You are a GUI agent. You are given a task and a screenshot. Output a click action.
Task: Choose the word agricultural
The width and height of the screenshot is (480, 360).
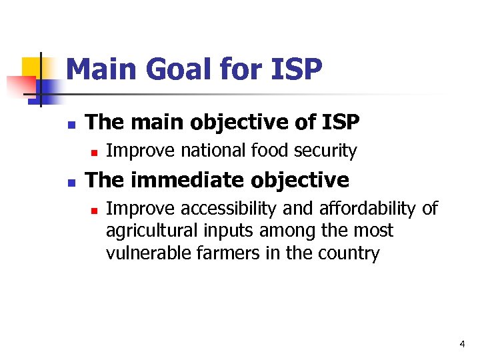coord(146,231)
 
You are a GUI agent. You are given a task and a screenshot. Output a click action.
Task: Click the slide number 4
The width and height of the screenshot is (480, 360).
coord(462,344)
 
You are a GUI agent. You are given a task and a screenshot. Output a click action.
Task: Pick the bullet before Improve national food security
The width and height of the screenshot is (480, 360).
coord(94,153)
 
